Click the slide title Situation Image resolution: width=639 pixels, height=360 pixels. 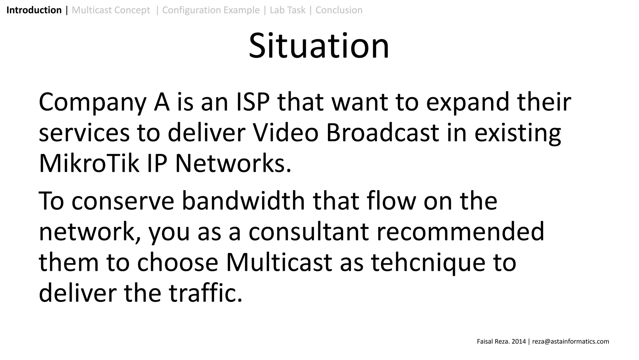pos(319,46)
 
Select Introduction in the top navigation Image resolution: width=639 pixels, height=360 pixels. pos(34,10)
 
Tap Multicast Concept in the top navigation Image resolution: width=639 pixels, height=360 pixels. pos(111,10)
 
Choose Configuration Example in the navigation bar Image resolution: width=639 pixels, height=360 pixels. pos(211,10)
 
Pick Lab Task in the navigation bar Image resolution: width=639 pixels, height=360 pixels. pos(287,10)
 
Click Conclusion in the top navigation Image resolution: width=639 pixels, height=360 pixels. pos(339,10)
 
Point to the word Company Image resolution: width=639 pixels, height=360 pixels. pos(92,102)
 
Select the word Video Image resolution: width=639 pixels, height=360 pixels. pos(285,133)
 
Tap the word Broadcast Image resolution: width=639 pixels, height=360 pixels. pos(383,133)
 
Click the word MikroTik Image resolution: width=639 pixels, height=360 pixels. pos(89,163)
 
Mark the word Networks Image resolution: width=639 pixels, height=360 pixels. pos(233,163)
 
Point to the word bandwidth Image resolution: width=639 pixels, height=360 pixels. pos(243,201)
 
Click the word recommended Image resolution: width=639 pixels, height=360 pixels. pos(460,232)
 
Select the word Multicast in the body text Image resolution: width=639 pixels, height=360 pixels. pos(279,262)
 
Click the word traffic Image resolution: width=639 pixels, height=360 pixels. pos(205,293)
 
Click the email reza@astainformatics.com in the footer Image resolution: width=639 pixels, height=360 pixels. pos(571,342)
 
